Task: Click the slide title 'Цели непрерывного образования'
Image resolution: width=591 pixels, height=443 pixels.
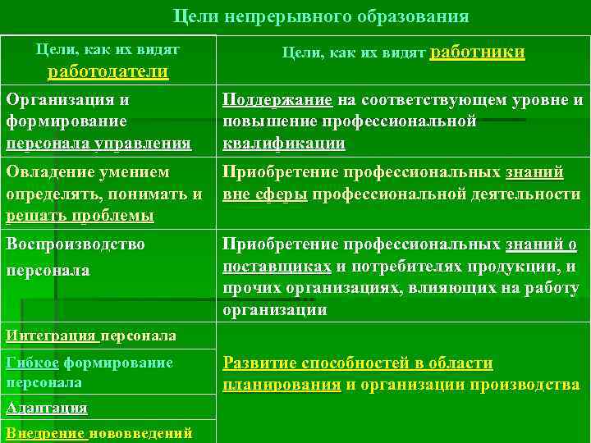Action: (x=322, y=17)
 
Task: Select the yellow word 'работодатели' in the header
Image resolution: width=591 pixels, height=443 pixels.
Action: (x=109, y=71)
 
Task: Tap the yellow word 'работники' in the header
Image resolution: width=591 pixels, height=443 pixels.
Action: (x=478, y=52)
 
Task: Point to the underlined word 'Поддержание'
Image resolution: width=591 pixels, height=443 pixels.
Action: (x=277, y=100)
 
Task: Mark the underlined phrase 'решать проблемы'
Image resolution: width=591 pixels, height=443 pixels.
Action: (x=80, y=216)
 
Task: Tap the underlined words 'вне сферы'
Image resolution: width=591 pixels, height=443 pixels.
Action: (x=265, y=194)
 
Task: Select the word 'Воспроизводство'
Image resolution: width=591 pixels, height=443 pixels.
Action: (x=75, y=244)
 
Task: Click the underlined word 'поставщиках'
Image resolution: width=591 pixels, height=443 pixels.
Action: (x=277, y=267)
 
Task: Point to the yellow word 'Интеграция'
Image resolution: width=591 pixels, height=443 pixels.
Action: (x=51, y=336)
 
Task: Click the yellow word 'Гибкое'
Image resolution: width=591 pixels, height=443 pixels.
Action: (x=31, y=363)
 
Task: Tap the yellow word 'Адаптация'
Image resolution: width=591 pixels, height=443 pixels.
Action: (x=46, y=408)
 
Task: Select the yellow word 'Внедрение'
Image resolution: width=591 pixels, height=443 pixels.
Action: (x=44, y=433)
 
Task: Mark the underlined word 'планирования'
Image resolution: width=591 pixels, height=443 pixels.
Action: (x=282, y=385)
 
